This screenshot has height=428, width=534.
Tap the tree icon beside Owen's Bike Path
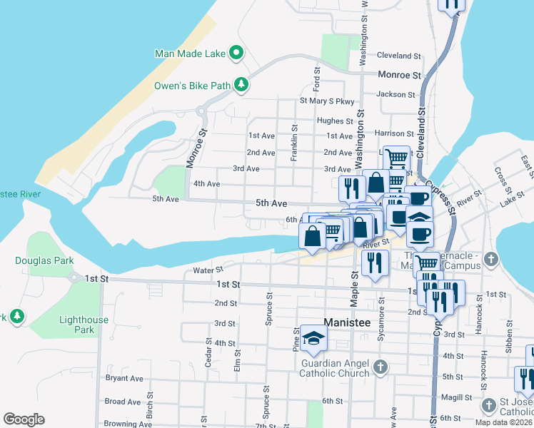[241, 86]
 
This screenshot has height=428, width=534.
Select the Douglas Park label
[44, 261]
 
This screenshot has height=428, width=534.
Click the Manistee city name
[348, 322]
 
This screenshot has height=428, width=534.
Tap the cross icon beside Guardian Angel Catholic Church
[381, 367]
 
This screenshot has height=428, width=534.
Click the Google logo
[24, 419]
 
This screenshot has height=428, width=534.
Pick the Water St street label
[208, 270]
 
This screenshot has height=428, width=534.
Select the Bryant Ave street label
[124, 378]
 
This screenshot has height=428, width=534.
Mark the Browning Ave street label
[125, 423]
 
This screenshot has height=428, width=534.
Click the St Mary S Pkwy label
[326, 101]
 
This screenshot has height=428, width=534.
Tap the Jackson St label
[396, 94]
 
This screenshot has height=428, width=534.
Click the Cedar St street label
[209, 350]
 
